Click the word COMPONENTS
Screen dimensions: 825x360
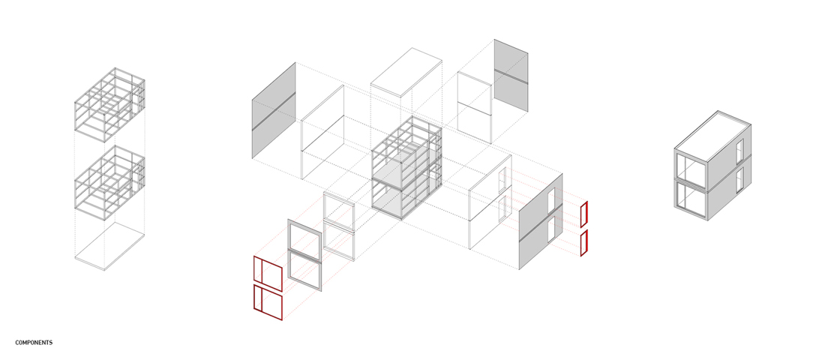pyautogui.click(x=34, y=343)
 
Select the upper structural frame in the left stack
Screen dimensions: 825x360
pyautogui.click(x=109, y=105)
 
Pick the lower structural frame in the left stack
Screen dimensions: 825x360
pyautogui.click(x=109, y=183)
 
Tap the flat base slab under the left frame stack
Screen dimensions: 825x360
pyautogui.click(x=109, y=246)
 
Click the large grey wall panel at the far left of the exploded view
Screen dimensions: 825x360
pyautogui.click(x=274, y=110)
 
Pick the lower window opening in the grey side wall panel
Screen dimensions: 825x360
pyautogui.click(x=551, y=230)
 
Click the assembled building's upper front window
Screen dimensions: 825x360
pyautogui.click(x=691, y=170)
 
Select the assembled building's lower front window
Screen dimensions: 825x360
pyautogui.click(x=691, y=200)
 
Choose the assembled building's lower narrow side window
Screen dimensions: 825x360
pyautogui.click(x=739, y=180)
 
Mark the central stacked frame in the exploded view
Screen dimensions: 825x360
pyautogui.click(x=406, y=167)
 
